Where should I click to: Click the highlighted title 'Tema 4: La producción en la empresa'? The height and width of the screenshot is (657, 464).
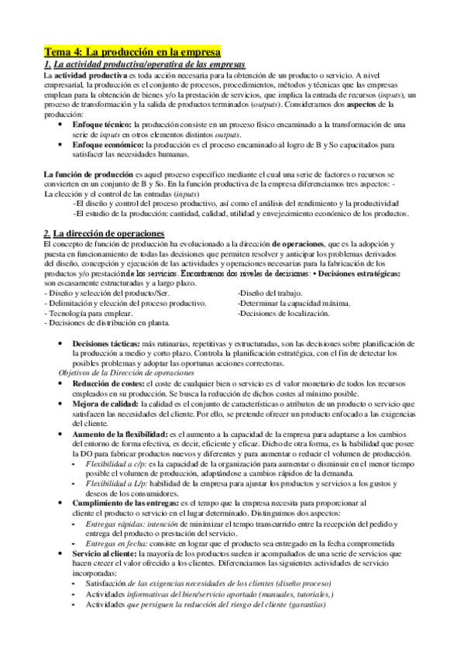coord(132,50)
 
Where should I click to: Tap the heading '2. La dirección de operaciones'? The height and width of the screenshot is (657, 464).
coord(105,233)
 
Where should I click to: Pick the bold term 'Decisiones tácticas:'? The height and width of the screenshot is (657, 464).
coord(107,343)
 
